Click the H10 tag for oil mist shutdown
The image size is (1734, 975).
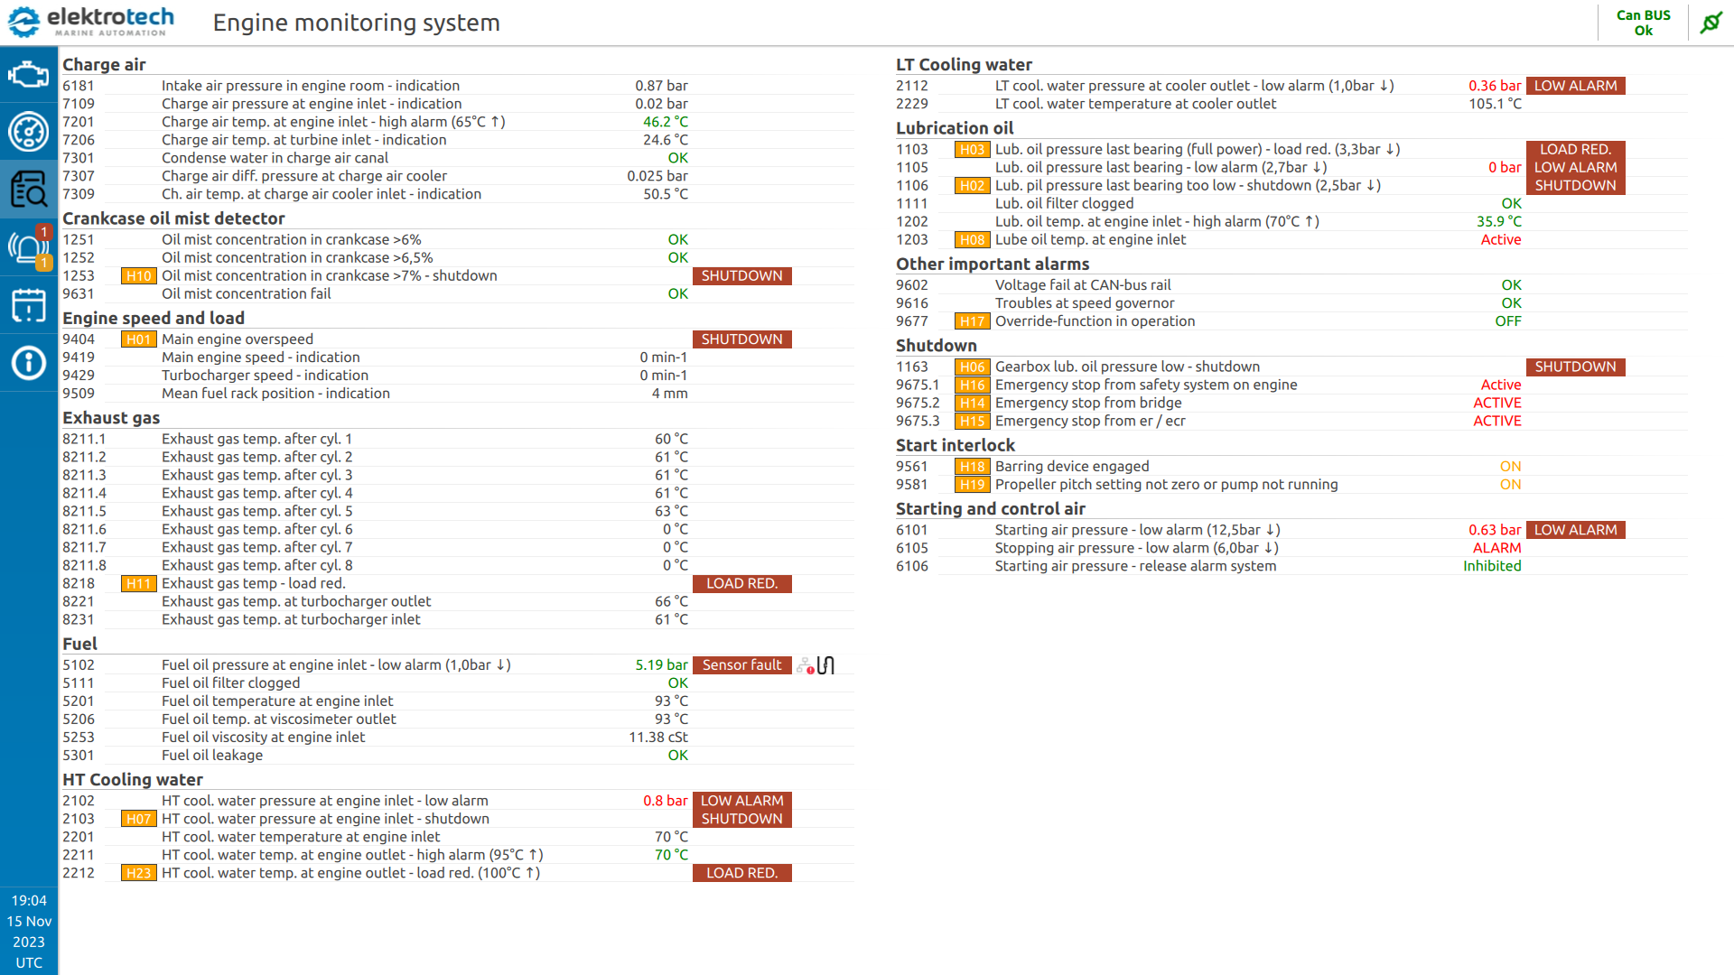pyautogui.click(x=138, y=276)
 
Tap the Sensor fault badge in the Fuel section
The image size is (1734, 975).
pyautogui.click(x=741, y=665)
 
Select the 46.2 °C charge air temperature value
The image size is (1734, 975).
pyautogui.click(x=665, y=122)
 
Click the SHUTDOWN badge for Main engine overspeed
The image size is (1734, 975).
pyautogui.click(x=741, y=339)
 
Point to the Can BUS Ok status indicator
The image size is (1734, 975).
pyautogui.click(x=1643, y=23)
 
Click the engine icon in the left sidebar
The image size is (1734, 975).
pyautogui.click(x=28, y=74)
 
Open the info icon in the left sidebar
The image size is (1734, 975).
pyautogui.click(x=28, y=363)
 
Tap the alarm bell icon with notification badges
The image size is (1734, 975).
pyautogui.click(x=28, y=247)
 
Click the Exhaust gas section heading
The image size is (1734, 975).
pyautogui.click(x=111, y=418)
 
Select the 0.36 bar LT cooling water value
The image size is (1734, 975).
pyautogui.click(x=1494, y=86)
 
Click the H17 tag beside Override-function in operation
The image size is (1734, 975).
pyautogui.click(x=972, y=321)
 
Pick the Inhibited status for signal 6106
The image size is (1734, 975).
pyautogui.click(x=1492, y=566)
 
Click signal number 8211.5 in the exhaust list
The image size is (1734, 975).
pyautogui.click(x=84, y=511)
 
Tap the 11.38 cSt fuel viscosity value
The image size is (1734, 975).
pyautogui.click(x=658, y=738)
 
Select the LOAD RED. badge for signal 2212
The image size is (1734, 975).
pyautogui.click(x=741, y=873)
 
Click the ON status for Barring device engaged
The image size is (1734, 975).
pyautogui.click(x=1510, y=467)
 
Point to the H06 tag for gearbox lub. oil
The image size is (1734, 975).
pyautogui.click(x=972, y=367)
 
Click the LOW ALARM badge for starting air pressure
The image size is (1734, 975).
pyautogui.click(x=1575, y=530)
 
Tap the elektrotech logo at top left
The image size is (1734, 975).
pyautogui.click(x=90, y=22)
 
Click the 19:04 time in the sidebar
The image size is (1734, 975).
pyautogui.click(x=29, y=900)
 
